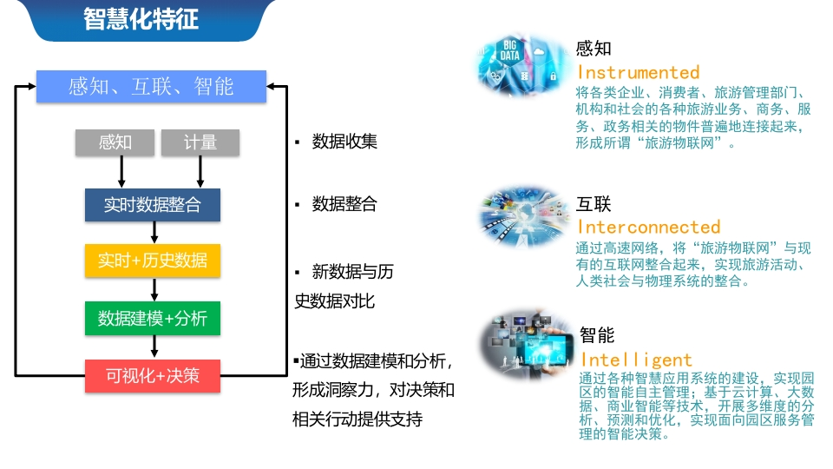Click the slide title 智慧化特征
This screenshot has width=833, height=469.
[x=141, y=19]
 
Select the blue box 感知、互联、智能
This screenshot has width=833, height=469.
[x=151, y=86]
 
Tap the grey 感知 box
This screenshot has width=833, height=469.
[x=115, y=142]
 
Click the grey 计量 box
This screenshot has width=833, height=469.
[x=200, y=142]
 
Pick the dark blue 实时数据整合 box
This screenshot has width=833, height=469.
[x=153, y=205]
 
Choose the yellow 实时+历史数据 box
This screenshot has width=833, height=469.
[x=153, y=261]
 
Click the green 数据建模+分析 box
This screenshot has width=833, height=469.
[x=153, y=318]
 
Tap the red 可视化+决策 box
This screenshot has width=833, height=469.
[x=153, y=376]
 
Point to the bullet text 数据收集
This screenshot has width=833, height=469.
[x=344, y=142]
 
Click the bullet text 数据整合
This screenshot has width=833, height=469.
[x=344, y=203]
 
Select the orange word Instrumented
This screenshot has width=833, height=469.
[x=639, y=72]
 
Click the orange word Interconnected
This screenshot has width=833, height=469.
[x=649, y=227]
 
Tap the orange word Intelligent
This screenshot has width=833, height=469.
[x=636, y=360]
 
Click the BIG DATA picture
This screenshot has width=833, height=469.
[x=522, y=65]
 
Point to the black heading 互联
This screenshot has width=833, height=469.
[x=594, y=204]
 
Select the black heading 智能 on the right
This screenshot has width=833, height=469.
[x=597, y=335]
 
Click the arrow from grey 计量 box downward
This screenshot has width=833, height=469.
[x=200, y=172]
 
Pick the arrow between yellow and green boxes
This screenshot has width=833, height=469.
[x=154, y=289]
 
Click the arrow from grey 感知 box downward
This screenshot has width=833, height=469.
[x=121, y=172]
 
